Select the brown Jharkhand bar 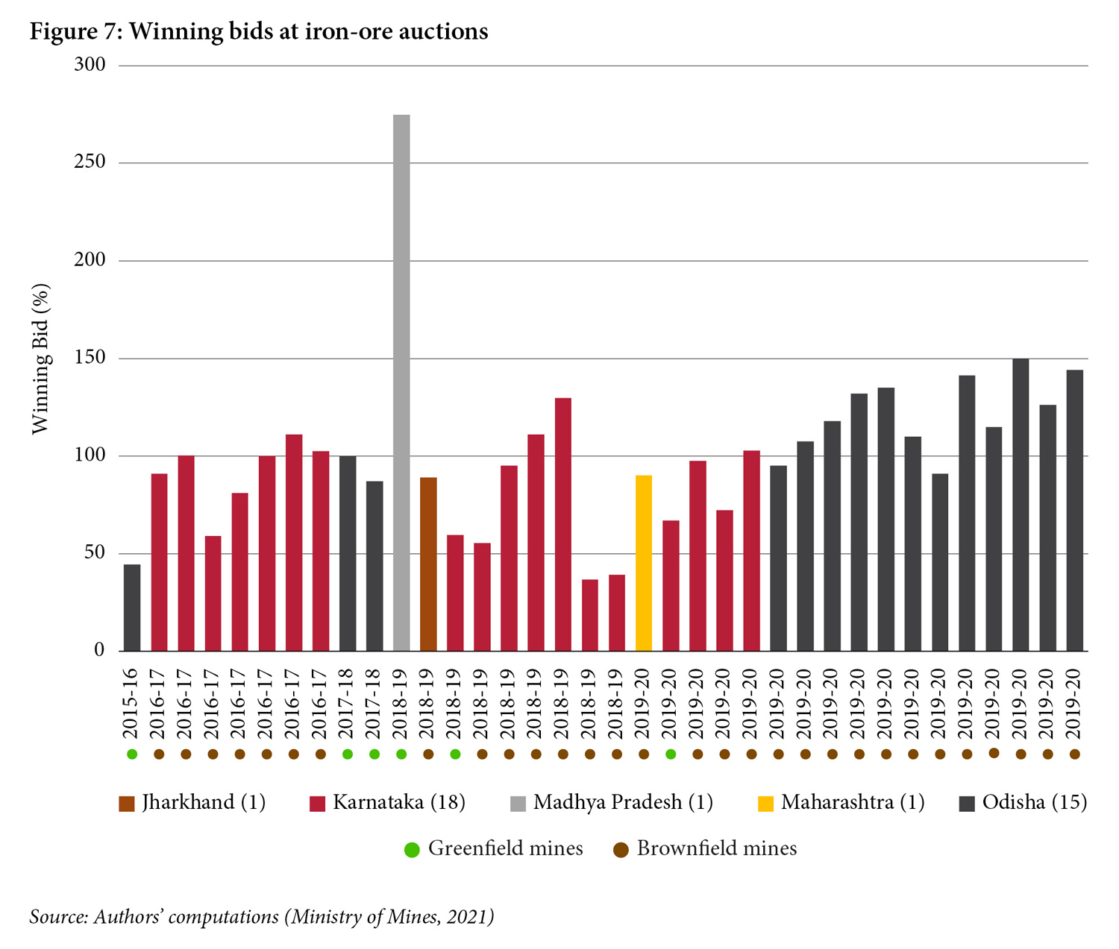(428, 564)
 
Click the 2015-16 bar (132, 608)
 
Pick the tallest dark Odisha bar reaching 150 (1021, 505)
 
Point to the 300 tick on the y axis (90, 65)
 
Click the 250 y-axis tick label (90, 163)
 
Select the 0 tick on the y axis (99, 651)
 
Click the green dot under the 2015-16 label (132, 754)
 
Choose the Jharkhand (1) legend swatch (127, 804)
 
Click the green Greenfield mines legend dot (412, 850)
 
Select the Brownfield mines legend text (716, 849)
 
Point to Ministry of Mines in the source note (363, 916)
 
